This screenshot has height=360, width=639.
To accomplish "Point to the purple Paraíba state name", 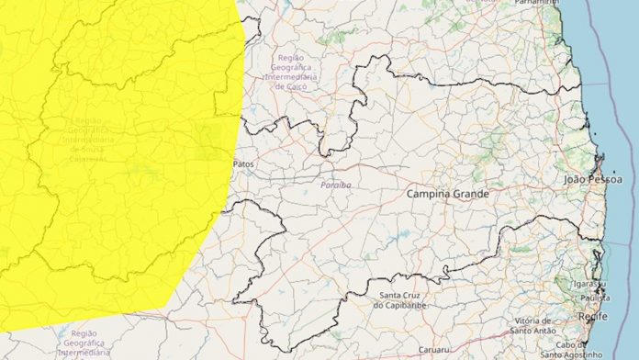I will tap(336, 185).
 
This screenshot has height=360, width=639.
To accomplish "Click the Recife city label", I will tap(592, 316).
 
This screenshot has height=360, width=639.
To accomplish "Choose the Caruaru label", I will tap(432, 350).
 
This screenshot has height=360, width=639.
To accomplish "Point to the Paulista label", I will tap(592, 297).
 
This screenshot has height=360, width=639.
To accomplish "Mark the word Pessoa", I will tap(611, 180).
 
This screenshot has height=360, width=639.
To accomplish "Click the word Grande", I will tap(472, 195).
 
